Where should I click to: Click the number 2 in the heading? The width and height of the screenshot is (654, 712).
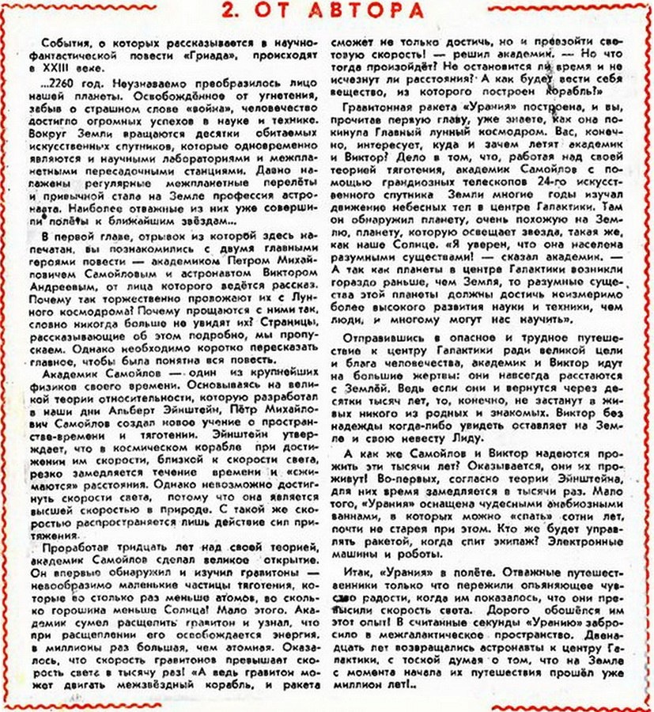229,11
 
